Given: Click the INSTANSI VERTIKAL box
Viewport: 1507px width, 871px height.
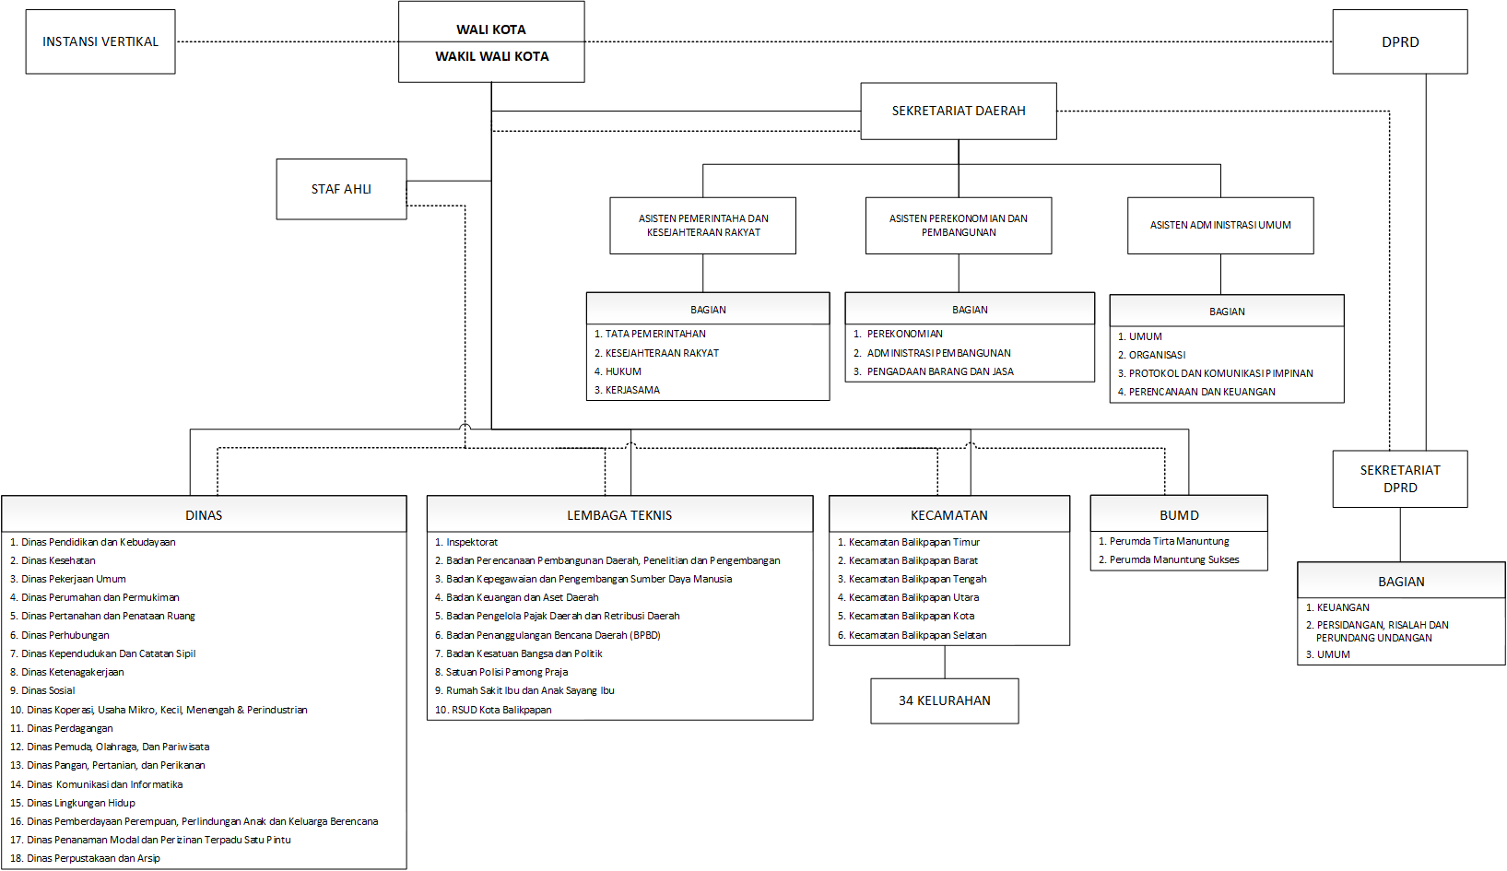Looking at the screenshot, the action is [x=100, y=41].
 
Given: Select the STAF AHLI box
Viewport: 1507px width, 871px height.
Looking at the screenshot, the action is [x=341, y=189].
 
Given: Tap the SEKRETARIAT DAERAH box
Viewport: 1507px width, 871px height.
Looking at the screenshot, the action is [x=959, y=111].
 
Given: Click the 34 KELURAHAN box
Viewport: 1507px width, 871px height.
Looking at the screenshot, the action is [x=945, y=700].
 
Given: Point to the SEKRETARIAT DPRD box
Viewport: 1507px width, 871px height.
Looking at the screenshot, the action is [x=1400, y=479].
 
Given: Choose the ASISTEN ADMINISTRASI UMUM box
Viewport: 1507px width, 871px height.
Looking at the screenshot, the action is [x=1220, y=225].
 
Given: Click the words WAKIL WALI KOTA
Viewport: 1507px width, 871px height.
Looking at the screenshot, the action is [x=492, y=56].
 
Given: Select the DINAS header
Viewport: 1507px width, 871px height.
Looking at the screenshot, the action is [x=204, y=514].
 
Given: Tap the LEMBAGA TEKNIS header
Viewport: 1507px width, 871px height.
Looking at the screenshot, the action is [x=619, y=514].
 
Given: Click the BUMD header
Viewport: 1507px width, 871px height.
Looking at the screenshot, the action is [x=1179, y=514].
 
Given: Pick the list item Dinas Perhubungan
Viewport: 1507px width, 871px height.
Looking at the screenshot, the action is [x=59, y=635].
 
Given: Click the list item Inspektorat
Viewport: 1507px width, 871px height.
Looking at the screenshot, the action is [x=466, y=542].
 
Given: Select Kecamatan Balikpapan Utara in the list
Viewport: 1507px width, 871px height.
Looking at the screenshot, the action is [x=908, y=597].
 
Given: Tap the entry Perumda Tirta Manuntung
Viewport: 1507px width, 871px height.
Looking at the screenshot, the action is [x=1164, y=541].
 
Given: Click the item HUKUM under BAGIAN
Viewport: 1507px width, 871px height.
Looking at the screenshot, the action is [x=618, y=371].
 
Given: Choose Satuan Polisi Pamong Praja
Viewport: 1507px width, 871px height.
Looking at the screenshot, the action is [x=501, y=672].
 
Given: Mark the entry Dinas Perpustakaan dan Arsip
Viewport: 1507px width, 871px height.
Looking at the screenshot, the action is [x=85, y=858].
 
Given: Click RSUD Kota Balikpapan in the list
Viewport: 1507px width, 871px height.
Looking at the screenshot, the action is [x=493, y=710].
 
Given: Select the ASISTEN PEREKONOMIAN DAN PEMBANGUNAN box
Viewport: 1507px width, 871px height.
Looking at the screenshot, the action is [x=959, y=225].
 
